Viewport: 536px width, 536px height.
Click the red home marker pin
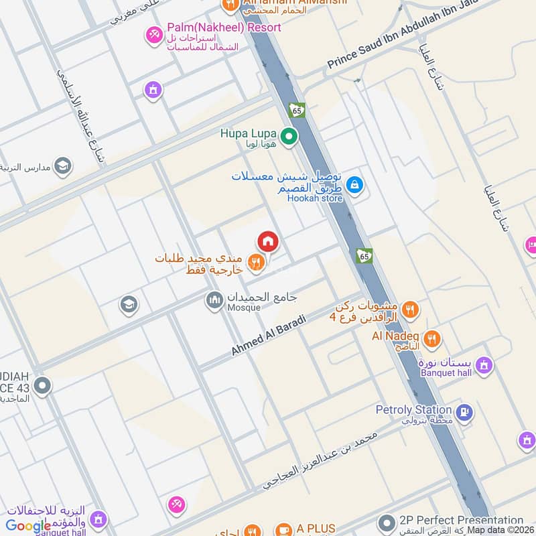pos(267,241)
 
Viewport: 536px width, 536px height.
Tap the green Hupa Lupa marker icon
pos(289,137)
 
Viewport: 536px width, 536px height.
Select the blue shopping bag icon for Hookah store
pos(355,184)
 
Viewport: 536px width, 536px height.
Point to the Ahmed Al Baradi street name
pos(269,335)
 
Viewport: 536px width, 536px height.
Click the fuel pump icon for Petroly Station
pos(463,411)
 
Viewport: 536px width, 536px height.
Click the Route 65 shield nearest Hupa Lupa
pos(297,109)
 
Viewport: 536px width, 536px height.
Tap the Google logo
pos(28,526)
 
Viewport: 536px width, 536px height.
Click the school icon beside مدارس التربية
pos(63,165)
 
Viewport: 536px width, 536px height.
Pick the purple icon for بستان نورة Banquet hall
pos(484,366)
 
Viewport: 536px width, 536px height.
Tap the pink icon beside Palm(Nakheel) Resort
pos(155,33)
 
